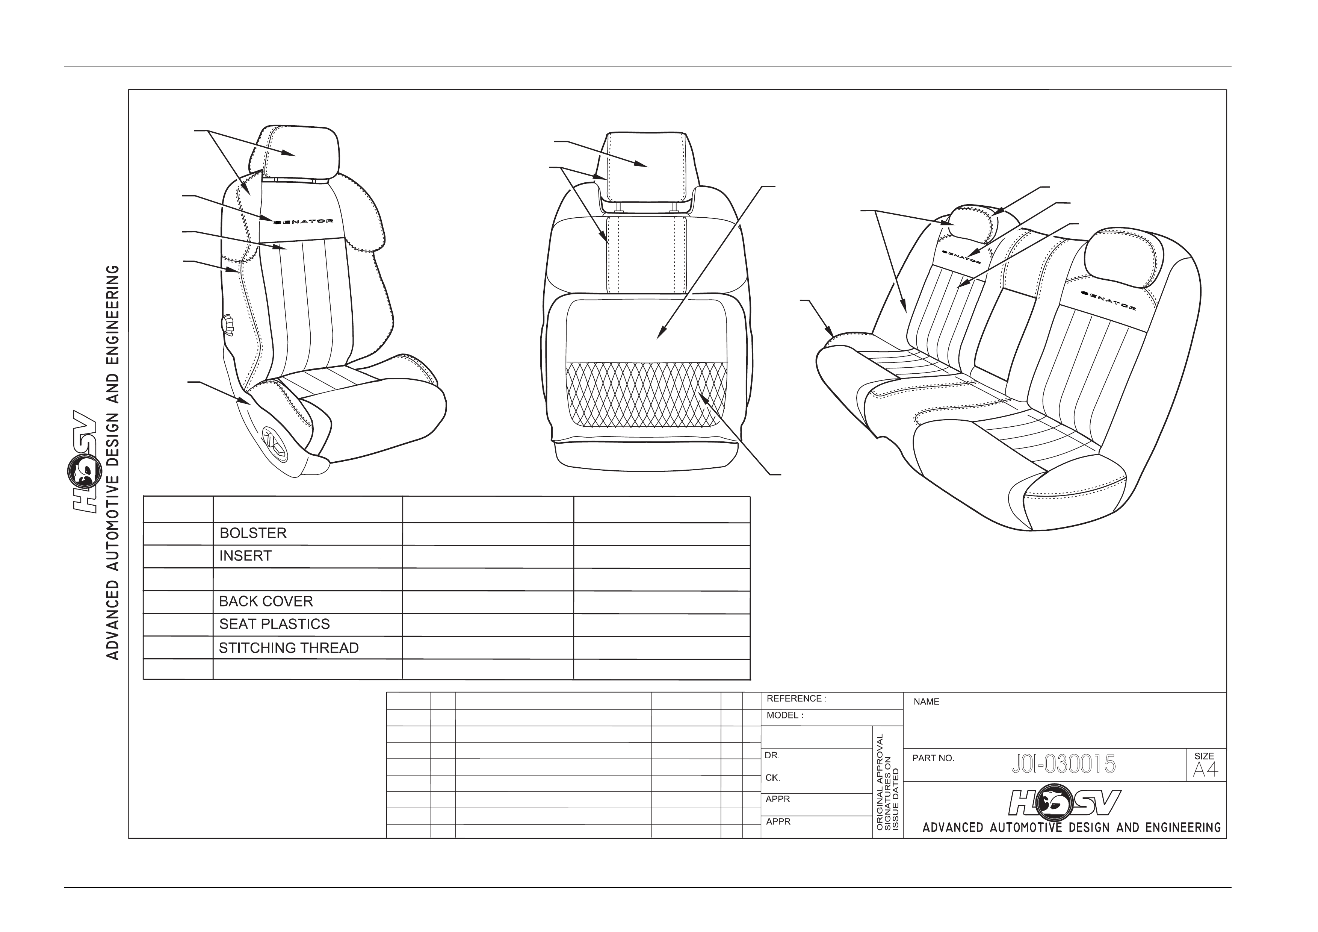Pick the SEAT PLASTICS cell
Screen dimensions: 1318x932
pyautogui.click(x=274, y=624)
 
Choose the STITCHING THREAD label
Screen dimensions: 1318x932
pyautogui.click(x=289, y=648)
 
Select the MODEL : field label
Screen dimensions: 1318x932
pyautogui.click(x=785, y=715)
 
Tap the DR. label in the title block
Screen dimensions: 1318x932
pyautogui.click(x=772, y=756)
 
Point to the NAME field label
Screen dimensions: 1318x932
pyautogui.click(x=927, y=702)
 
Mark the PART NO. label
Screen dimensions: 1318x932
pyautogui.click(x=933, y=758)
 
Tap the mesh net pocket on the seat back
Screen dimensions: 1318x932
pyautogui.click(x=646, y=394)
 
